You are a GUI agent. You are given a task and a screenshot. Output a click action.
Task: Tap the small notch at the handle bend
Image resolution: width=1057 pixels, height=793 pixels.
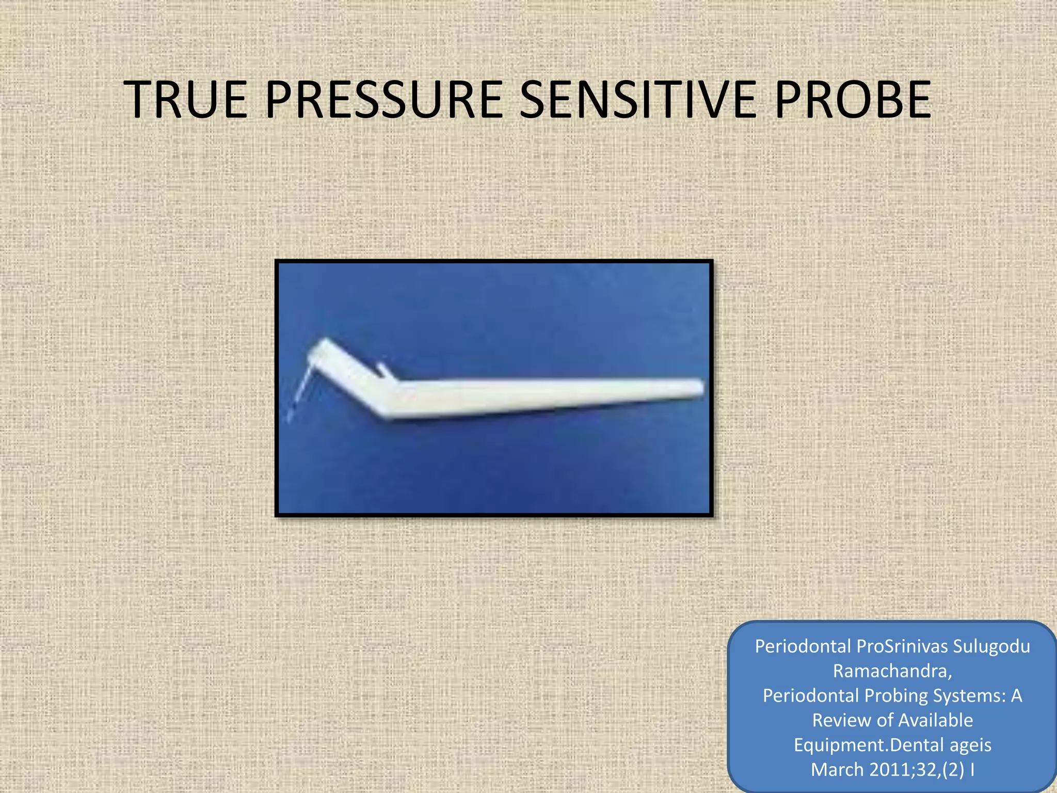[x=383, y=370]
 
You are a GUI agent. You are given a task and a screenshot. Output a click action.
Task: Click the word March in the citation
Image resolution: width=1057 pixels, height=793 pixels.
[x=837, y=770]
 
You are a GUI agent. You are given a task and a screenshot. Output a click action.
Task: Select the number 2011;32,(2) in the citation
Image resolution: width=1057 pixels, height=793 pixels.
[x=917, y=770]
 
